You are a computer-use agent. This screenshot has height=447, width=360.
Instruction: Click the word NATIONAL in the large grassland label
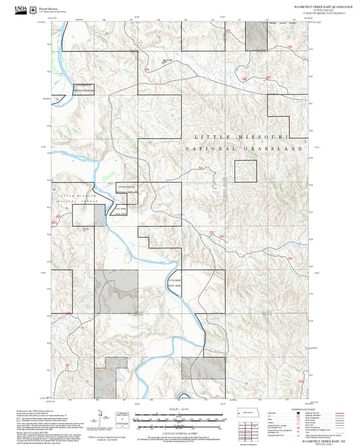(x=211, y=148)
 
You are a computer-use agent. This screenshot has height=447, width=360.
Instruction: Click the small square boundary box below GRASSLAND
(x=247, y=172)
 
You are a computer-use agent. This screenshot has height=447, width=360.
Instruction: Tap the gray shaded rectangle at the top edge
(x=255, y=35)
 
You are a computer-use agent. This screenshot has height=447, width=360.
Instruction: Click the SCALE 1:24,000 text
(x=180, y=409)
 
